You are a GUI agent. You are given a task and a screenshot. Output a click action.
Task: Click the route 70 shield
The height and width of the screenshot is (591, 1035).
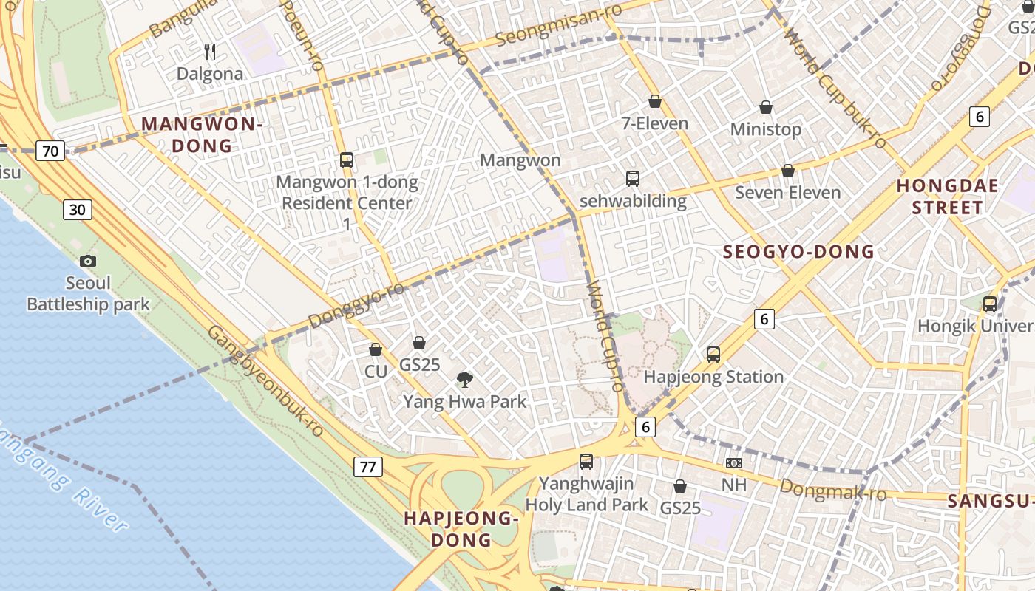click(50, 151)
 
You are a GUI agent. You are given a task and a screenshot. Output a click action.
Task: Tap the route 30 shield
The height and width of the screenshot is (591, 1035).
click(77, 210)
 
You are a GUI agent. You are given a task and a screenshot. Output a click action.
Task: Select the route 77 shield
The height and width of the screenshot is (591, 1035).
click(367, 466)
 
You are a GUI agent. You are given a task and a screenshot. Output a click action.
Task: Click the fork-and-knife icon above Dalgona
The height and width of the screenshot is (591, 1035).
click(210, 51)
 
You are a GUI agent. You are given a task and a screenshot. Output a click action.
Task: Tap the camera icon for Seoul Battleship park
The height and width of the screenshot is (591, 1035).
click(88, 261)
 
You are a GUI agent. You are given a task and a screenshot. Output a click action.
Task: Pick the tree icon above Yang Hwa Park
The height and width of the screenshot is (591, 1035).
click(465, 380)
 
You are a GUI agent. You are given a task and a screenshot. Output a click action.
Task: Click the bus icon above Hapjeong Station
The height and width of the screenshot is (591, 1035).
click(713, 355)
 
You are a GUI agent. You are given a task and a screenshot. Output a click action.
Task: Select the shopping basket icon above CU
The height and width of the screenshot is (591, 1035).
click(376, 349)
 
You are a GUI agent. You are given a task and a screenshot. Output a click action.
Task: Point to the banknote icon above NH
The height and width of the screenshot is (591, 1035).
click(733, 463)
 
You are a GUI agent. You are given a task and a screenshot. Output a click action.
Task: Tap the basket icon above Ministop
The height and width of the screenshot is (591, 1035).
click(766, 107)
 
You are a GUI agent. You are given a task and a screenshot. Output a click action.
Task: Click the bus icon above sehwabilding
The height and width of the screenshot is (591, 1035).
click(633, 178)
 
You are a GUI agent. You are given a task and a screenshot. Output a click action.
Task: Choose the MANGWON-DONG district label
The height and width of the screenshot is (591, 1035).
click(202, 134)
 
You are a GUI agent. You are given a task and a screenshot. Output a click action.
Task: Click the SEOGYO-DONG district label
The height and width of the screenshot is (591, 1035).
click(798, 252)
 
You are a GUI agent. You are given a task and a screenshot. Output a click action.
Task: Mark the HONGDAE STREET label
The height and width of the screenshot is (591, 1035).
click(947, 197)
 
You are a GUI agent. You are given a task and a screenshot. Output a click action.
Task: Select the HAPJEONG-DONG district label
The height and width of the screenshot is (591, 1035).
click(461, 529)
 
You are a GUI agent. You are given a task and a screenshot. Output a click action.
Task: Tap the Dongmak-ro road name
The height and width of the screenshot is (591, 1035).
click(832, 489)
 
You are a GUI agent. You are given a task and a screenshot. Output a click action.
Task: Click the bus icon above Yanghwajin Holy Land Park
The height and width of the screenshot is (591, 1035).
click(586, 462)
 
